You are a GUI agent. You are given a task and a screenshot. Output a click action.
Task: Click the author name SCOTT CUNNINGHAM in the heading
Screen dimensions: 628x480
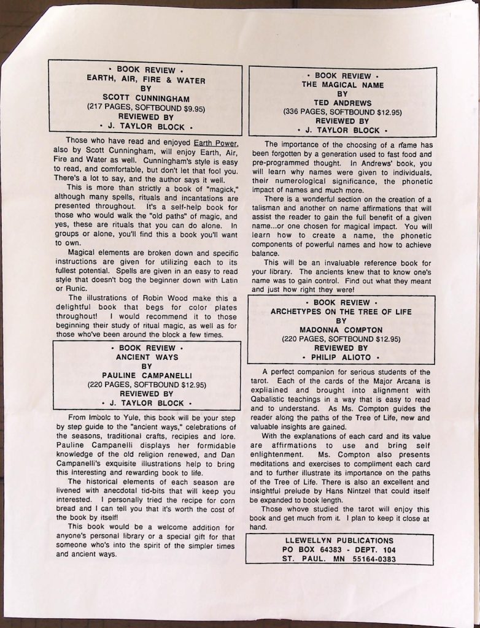(x=145, y=98)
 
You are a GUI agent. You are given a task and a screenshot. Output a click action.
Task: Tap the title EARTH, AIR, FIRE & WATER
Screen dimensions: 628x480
(x=145, y=80)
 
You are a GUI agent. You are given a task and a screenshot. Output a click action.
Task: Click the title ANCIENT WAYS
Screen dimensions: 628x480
(x=147, y=357)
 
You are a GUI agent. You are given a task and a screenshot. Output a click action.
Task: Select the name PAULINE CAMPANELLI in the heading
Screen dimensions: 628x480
(x=147, y=375)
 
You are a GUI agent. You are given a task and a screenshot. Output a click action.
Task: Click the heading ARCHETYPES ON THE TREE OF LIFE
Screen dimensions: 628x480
(x=341, y=312)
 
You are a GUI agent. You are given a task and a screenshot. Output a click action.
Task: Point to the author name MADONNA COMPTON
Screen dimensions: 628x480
(x=341, y=329)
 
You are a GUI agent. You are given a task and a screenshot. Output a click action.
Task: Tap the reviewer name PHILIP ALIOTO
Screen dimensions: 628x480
(x=341, y=357)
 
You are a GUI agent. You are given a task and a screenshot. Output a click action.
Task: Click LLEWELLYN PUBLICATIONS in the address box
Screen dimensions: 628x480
(x=339, y=540)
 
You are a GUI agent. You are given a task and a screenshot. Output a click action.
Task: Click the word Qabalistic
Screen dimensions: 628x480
(x=274, y=399)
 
